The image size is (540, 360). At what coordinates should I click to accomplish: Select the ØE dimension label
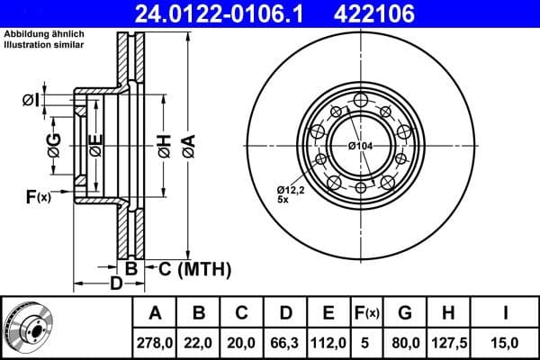coord(96,148)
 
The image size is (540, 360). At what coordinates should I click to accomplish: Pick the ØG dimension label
coord(54,148)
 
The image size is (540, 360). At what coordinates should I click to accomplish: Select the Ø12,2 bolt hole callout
coord(291,190)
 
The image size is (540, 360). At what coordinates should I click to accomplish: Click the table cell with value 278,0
coord(155,342)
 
